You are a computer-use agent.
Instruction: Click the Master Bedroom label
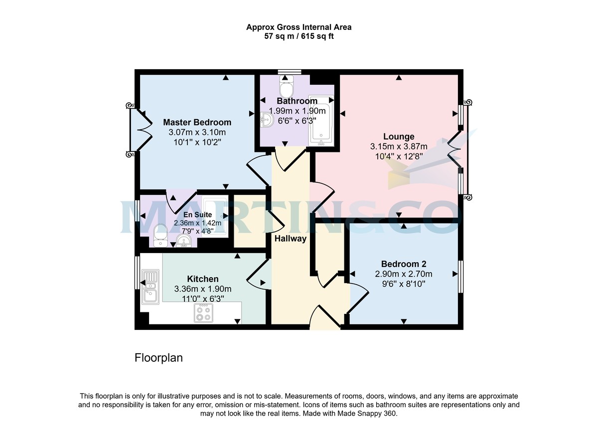(x=197, y=122)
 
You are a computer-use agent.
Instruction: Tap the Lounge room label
(x=398, y=137)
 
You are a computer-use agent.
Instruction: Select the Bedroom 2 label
(x=403, y=264)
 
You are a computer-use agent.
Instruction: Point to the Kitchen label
(x=202, y=279)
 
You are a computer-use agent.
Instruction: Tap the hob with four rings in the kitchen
(x=203, y=312)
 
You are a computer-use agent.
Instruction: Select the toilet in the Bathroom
(x=287, y=88)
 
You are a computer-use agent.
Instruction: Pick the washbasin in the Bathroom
(x=267, y=119)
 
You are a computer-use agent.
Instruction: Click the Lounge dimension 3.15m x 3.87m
(x=398, y=146)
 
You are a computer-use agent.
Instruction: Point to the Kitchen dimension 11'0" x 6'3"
(x=202, y=298)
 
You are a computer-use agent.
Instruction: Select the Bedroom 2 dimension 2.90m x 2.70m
(x=403, y=274)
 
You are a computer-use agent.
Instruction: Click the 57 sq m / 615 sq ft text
(x=299, y=36)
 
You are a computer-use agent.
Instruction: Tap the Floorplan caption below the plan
(x=158, y=358)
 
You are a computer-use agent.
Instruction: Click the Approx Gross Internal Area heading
(x=299, y=27)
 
